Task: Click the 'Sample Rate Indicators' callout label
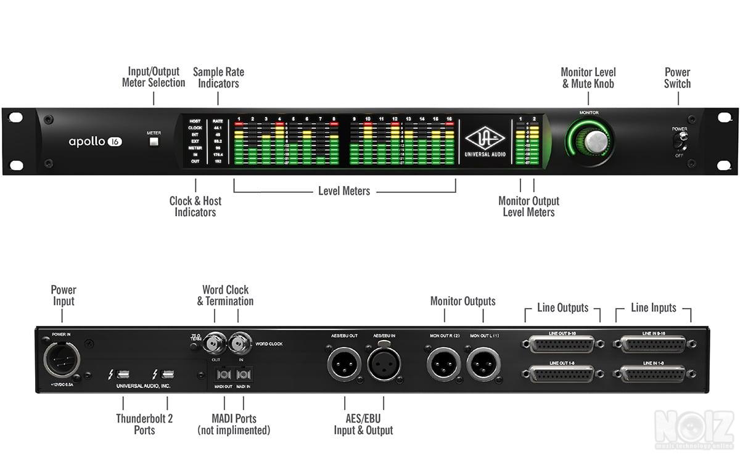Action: (218, 78)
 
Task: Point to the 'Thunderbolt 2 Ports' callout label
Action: (144, 424)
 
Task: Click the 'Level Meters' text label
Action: (344, 191)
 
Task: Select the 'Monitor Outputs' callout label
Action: (462, 301)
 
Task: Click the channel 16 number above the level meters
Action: (449, 118)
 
